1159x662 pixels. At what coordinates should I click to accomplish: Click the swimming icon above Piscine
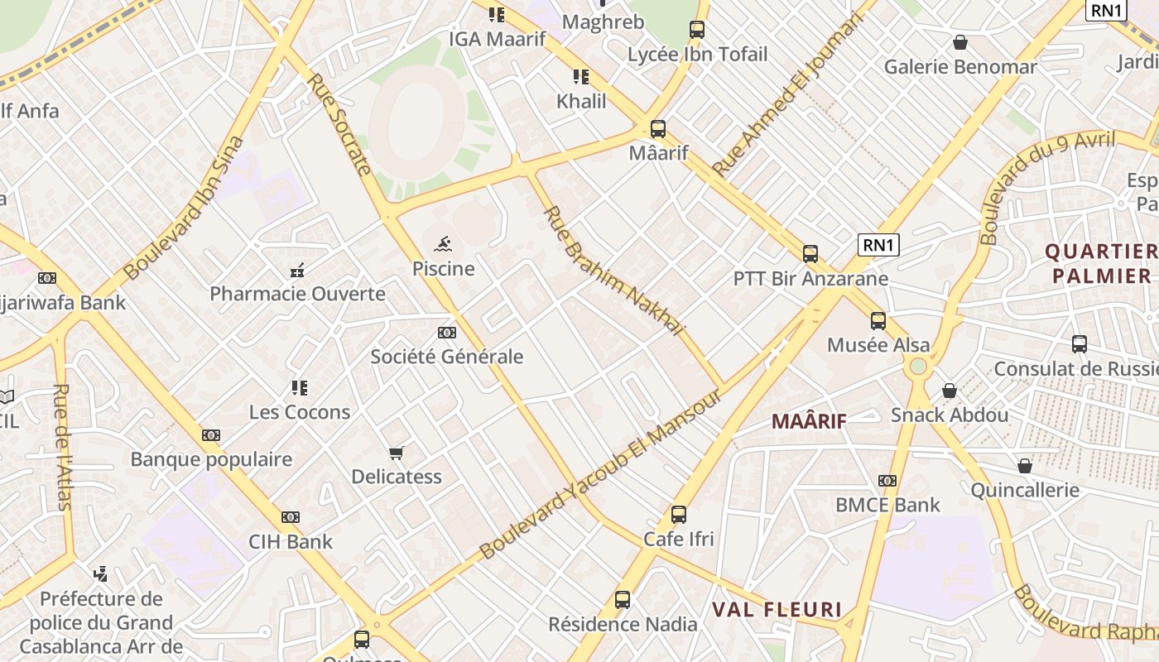coord(444,243)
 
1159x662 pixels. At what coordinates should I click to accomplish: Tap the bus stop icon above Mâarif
coord(658,129)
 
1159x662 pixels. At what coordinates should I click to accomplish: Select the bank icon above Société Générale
coord(447,332)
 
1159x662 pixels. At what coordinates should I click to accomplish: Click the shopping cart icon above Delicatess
coord(397,452)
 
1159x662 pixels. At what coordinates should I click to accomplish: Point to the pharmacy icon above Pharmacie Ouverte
coord(297,269)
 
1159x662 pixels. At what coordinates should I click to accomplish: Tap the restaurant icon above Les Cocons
coord(299,387)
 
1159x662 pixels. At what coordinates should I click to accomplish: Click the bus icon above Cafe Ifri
coord(679,514)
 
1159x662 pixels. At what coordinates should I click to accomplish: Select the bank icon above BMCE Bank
coord(887,480)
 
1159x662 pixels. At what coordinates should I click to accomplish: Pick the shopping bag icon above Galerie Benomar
coord(960,41)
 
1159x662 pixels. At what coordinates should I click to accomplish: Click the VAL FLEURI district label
coord(777,610)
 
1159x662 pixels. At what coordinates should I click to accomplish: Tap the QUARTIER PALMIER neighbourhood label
coord(1100,263)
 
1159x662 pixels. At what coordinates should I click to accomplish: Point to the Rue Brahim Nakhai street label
coord(613,271)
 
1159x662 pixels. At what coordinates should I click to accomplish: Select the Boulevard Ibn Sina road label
coord(185,207)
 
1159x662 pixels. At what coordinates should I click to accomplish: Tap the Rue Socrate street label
coord(339,125)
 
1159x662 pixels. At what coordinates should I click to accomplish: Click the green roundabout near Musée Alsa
coord(917,366)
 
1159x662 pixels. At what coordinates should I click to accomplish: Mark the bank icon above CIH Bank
coord(290,517)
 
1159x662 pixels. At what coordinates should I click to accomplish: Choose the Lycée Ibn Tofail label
coord(698,55)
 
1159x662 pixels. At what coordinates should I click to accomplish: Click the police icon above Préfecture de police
coord(101,573)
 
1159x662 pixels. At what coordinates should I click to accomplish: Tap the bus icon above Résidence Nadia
coord(623,600)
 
